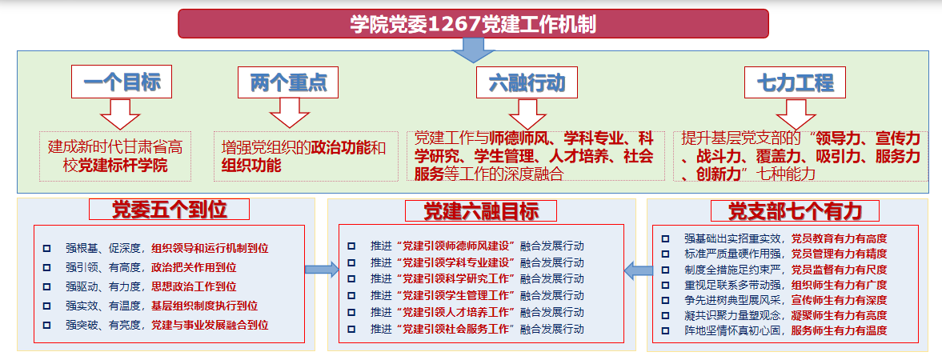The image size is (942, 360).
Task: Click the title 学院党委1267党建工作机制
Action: coord(472,23)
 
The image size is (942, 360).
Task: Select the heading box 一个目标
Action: coord(122,82)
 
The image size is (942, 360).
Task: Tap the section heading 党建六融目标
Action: coord(482,210)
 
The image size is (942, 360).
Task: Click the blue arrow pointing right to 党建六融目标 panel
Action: coord(322,270)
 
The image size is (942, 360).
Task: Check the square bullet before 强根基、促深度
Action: coord(46,248)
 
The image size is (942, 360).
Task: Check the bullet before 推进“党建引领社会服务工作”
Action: coord(351,329)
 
